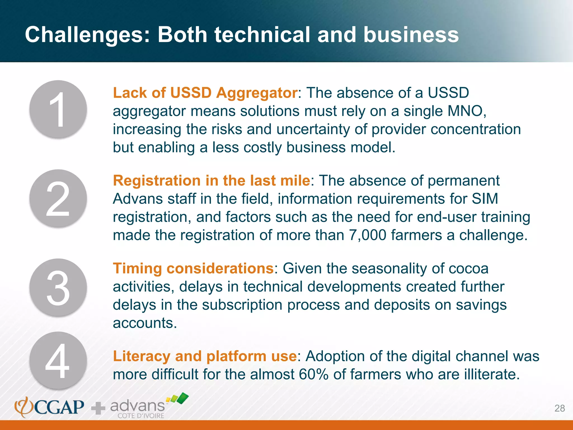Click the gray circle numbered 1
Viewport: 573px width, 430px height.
[58, 109]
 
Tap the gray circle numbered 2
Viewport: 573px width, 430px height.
[58, 198]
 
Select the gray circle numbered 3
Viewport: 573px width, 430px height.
[58, 288]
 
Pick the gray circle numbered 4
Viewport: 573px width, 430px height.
[58, 361]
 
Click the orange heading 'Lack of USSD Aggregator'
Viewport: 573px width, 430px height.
[205, 93]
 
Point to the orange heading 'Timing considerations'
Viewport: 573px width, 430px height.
[193, 268]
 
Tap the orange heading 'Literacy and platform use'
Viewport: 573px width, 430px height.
[205, 356]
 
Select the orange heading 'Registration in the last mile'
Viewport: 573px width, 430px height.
[211, 181]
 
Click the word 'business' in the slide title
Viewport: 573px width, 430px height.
[411, 35]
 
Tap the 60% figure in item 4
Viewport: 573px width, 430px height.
[313, 374]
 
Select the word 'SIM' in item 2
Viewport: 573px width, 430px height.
[485, 199]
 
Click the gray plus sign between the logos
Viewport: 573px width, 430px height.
[98, 408]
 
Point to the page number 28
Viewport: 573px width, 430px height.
[560, 408]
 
